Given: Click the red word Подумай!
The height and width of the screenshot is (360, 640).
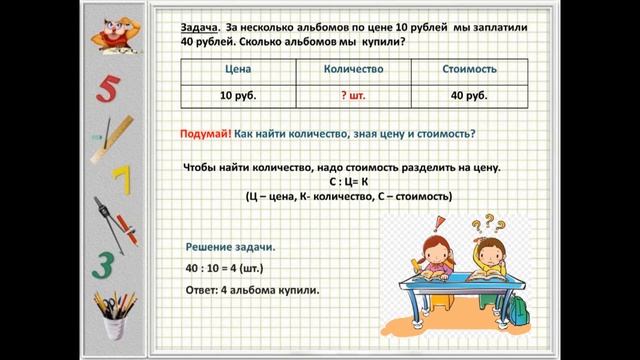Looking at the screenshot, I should (207, 134).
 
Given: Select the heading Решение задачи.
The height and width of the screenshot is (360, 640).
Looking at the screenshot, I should (231, 247).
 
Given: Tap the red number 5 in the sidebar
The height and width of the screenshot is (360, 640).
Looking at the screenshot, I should (108, 90).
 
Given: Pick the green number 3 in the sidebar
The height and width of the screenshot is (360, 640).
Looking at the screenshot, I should (106, 264).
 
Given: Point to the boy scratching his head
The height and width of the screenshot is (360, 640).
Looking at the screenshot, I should (498, 255).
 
